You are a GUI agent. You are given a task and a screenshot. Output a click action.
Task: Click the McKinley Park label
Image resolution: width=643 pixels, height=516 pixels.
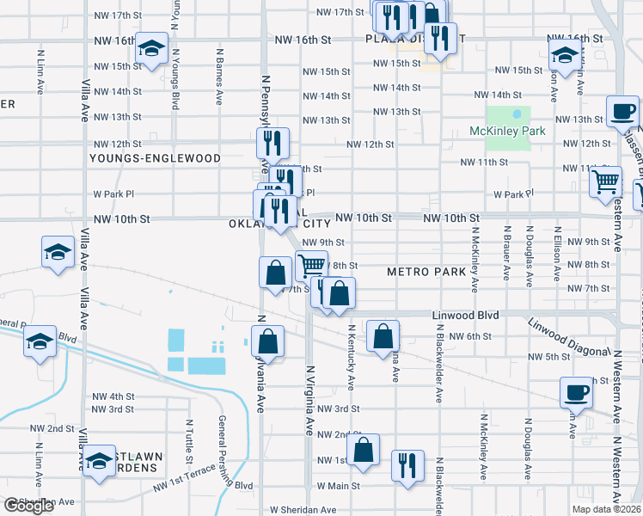point(508,132)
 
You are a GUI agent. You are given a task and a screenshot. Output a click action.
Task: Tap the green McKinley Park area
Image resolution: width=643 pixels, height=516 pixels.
point(508,117)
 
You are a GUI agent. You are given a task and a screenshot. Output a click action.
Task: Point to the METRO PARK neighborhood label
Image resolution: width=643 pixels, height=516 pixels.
point(426,272)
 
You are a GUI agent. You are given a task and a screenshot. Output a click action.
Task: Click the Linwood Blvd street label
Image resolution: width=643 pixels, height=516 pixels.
point(465,316)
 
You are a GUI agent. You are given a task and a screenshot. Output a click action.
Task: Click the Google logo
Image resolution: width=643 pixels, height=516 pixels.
point(29,506)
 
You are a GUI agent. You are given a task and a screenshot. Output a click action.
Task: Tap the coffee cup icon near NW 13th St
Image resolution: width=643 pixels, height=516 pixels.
point(622,110)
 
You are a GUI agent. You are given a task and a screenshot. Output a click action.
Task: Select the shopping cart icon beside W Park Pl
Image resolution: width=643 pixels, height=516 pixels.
point(606,181)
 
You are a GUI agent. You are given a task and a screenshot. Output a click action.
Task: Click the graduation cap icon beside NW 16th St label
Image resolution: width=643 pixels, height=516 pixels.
point(151,50)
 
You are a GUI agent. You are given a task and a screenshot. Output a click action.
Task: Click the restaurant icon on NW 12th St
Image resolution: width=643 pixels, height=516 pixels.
point(273,143)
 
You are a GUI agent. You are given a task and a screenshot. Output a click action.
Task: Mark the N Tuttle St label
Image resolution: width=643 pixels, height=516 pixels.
point(187,434)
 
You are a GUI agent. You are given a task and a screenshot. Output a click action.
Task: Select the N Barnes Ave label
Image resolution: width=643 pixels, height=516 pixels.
point(218,83)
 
